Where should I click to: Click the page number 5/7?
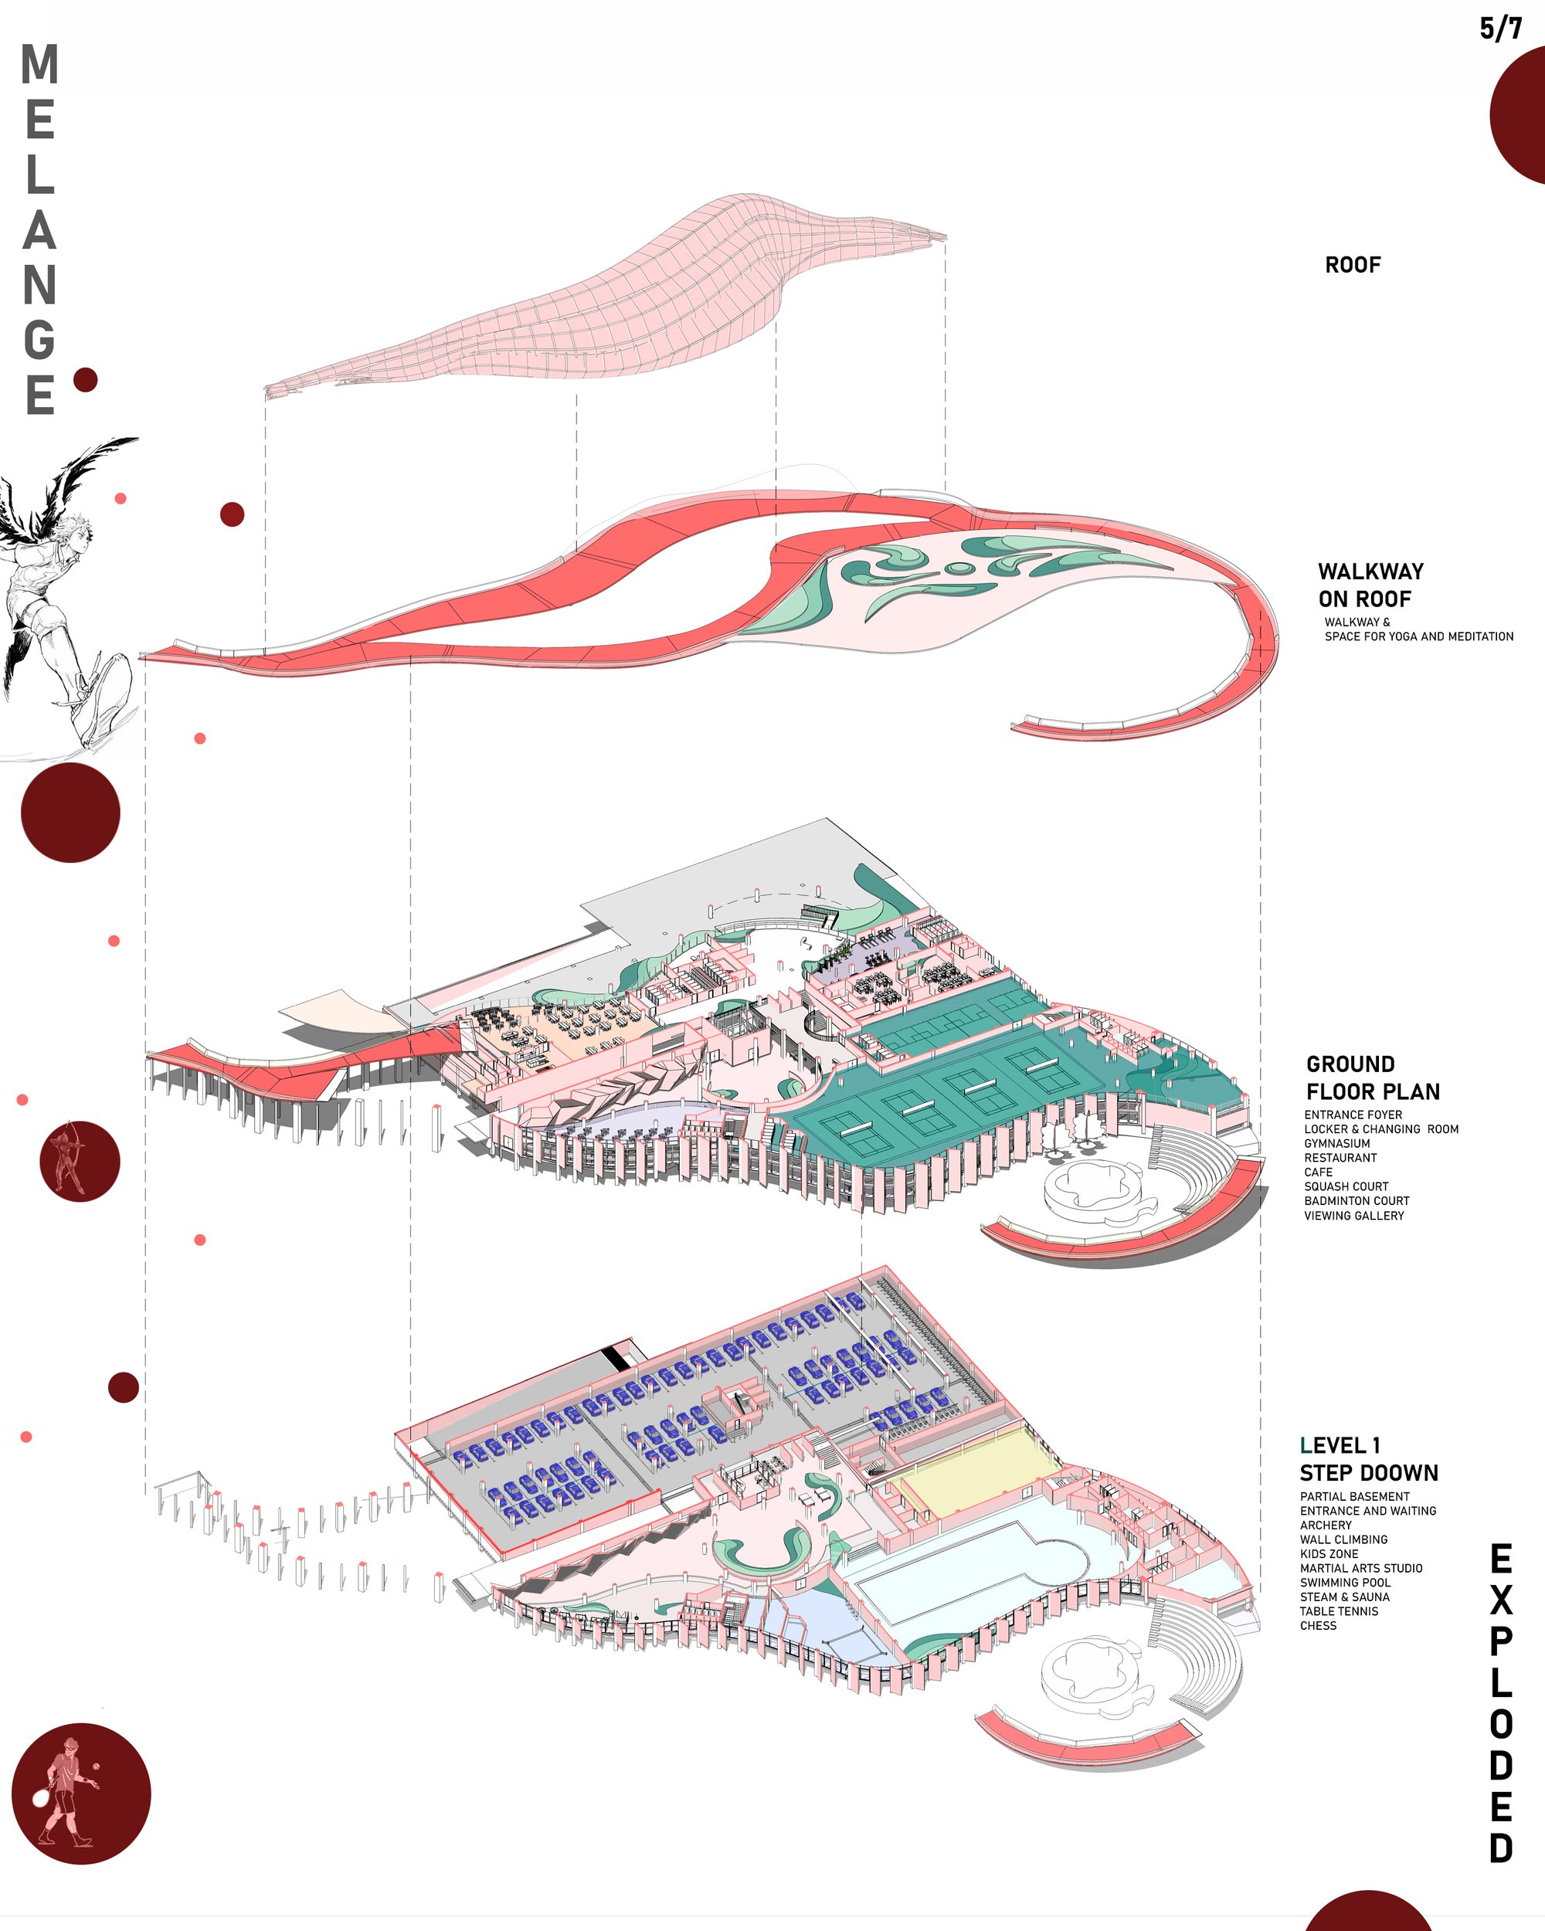click(x=1500, y=29)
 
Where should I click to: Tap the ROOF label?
click(x=1353, y=265)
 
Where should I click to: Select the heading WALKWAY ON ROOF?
click(x=1370, y=585)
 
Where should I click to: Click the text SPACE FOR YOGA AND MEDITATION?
click(x=1419, y=636)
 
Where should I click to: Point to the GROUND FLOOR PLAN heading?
click(x=1372, y=1077)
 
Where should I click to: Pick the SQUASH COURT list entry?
click(x=1346, y=1186)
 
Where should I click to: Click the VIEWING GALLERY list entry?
click(x=1353, y=1216)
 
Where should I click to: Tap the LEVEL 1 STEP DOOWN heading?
click(x=1369, y=1459)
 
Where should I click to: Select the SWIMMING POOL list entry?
click(x=1345, y=1583)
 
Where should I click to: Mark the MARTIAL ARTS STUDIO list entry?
click(x=1360, y=1568)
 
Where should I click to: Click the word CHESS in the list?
click(x=1318, y=1626)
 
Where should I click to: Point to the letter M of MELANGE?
click(x=39, y=64)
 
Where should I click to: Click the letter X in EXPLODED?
click(x=1501, y=1600)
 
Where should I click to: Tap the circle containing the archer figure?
click(x=80, y=1161)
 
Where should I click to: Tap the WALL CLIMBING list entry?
click(x=1343, y=1539)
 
